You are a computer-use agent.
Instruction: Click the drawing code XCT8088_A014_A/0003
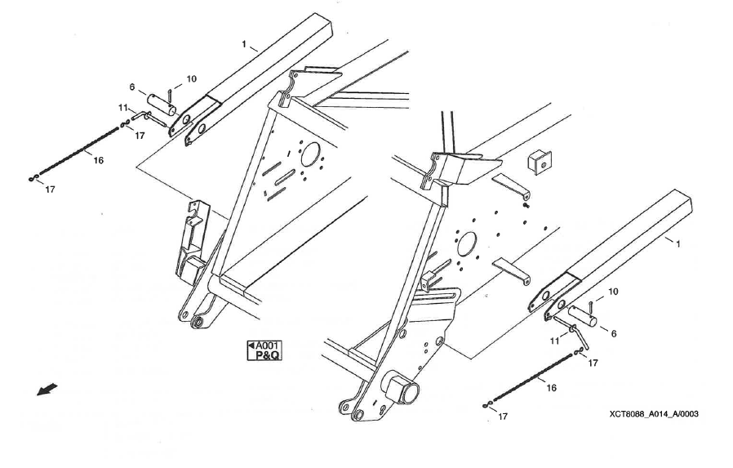(x=654, y=414)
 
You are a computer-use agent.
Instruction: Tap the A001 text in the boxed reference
(x=268, y=346)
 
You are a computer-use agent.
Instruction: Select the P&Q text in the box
(x=268, y=355)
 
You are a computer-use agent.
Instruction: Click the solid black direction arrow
(x=47, y=389)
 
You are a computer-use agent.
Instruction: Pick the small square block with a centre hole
(x=540, y=163)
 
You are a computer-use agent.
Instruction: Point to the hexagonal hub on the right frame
(x=400, y=387)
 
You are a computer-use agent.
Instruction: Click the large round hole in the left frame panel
(x=310, y=154)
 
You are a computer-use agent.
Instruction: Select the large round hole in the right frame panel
(x=466, y=244)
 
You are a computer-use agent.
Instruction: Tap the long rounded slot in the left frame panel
(x=285, y=176)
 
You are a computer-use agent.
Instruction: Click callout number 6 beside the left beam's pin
(x=132, y=87)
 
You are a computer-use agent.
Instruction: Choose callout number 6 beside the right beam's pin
(x=614, y=333)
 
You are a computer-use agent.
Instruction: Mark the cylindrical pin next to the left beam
(x=162, y=105)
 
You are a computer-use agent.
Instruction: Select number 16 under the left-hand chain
(x=98, y=160)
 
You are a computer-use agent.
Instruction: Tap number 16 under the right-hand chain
(x=552, y=388)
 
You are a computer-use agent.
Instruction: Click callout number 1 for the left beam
(x=243, y=44)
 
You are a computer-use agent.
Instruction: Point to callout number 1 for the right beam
(x=678, y=243)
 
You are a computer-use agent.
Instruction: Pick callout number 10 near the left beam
(x=192, y=78)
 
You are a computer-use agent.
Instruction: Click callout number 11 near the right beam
(x=554, y=341)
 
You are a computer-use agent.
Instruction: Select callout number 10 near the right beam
(x=613, y=292)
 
